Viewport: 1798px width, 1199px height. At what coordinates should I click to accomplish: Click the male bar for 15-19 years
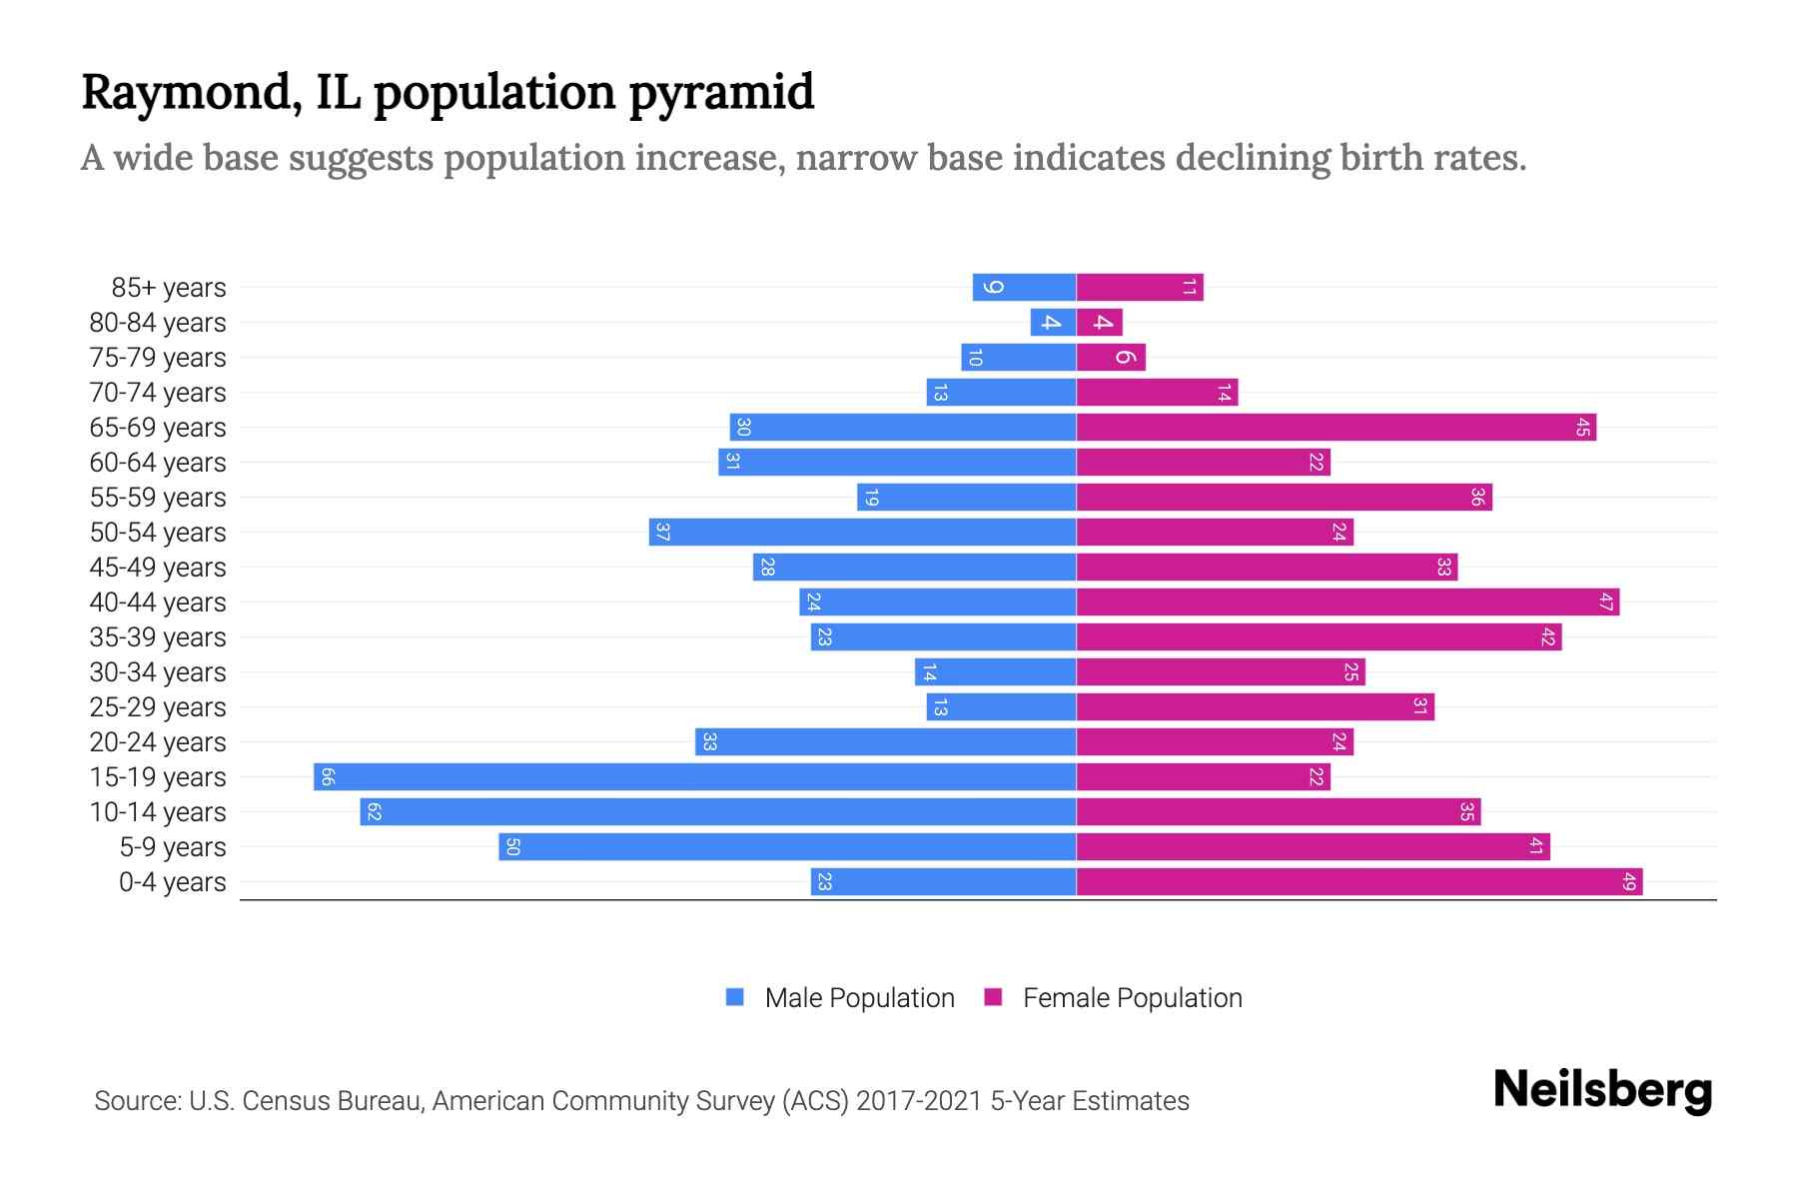click(694, 776)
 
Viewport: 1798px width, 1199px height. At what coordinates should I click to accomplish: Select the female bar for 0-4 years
click(1358, 881)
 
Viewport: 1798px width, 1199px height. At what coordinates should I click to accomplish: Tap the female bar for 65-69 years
click(1336, 427)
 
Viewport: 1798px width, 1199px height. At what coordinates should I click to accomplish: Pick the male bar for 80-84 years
click(1053, 322)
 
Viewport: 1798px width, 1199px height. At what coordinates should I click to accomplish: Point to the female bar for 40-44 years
click(1348, 601)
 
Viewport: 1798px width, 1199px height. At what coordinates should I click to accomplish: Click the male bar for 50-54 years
click(862, 532)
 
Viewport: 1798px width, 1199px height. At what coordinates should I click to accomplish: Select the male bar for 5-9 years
click(787, 846)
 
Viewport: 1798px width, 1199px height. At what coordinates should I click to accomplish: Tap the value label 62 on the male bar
click(374, 811)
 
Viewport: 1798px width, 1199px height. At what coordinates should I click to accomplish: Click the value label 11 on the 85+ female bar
click(1189, 287)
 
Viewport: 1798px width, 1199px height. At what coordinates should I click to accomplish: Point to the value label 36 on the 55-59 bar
click(1477, 497)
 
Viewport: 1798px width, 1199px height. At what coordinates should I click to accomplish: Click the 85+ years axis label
click(168, 288)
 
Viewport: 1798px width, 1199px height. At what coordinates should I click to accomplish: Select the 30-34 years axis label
click(158, 672)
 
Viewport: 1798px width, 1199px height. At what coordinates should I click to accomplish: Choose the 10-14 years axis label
click(158, 812)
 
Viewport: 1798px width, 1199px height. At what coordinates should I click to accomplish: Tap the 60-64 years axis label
click(158, 463)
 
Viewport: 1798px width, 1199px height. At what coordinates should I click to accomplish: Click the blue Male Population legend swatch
click(735, 997)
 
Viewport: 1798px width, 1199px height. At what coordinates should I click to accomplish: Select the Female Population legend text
click(1132, 997)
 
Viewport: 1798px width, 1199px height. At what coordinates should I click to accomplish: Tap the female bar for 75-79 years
click(1111, 357)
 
